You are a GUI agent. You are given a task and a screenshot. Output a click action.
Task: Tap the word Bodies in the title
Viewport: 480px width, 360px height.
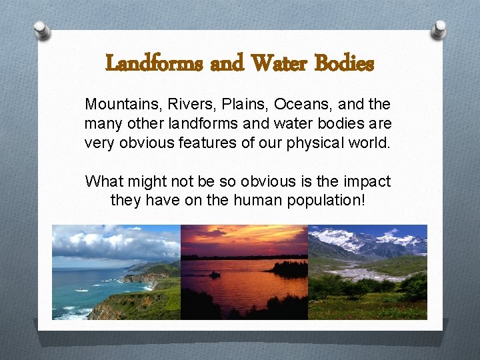point(345,64)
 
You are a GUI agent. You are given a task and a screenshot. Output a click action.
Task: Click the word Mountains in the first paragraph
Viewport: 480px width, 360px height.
point(115,105)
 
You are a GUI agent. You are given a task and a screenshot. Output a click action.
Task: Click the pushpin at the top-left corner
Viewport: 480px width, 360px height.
point(42,30)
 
